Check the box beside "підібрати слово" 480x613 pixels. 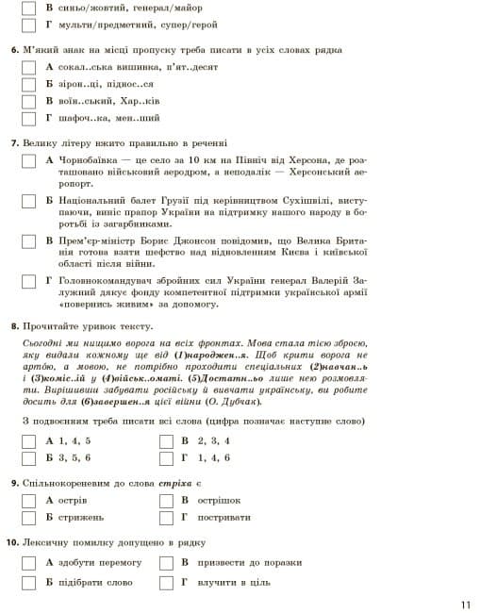(28, 582)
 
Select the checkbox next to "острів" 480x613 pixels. (28, 499)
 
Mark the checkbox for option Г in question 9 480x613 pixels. (165, 517)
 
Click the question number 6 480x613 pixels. (14, 49)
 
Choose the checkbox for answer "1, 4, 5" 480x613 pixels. (28, 440)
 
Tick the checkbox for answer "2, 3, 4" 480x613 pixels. (165, 440)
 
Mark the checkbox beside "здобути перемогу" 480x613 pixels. (28, 563)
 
